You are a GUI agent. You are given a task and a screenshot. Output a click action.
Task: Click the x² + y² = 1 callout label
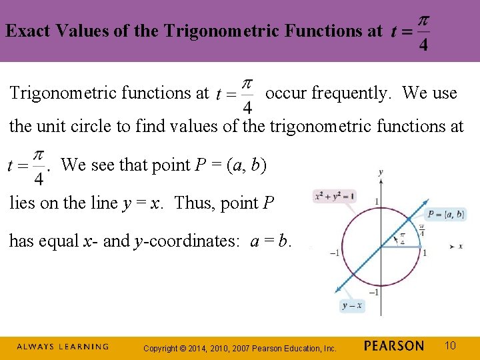pyautogui.click(x=334, y=196)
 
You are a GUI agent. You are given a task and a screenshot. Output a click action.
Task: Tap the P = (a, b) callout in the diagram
pyautogui.click(x=445, y=214)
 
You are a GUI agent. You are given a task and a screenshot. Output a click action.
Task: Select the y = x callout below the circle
pyautogui.click(x=353, y=305)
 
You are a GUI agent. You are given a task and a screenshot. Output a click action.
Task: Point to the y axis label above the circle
pyautogui.click(x=380, y=173)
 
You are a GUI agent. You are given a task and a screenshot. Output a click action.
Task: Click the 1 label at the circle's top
pyautogui.click(x=376, y=201)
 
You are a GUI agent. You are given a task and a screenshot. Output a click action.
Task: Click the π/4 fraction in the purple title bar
pyautogui.click(x=423, y=32)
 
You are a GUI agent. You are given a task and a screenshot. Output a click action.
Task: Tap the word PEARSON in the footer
pyautogui.click(x=394, y=345)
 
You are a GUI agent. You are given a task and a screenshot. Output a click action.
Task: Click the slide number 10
pyautogui.click(x=450, y=345)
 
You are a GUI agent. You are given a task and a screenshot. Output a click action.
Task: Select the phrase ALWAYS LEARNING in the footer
pyautogui.click(x=62, y=347)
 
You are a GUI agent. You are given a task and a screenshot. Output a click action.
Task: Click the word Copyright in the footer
pyautogui.click(x=161, y=348)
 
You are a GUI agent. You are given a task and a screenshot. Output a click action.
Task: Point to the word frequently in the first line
pyautogui.click(x=350, y=93)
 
